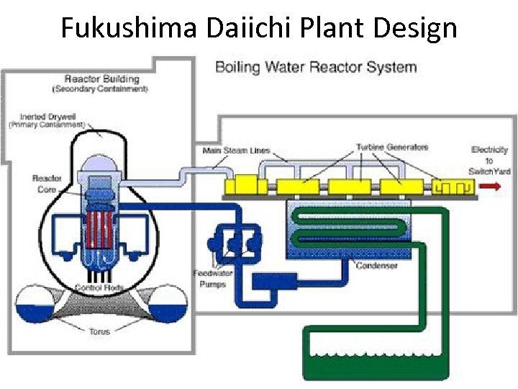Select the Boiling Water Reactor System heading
click(316, 68)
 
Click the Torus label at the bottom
click(99, 332)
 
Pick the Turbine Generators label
click(392, 147)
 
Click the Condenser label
click(377, 266)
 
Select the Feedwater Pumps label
click(209, 278)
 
